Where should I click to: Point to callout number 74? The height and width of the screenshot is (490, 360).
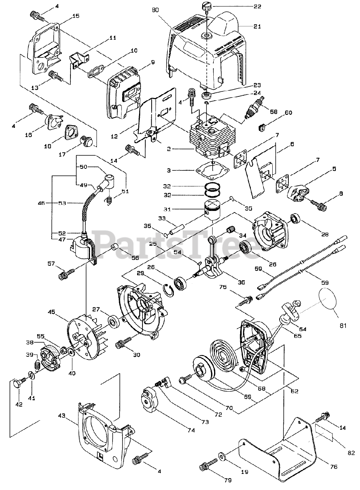190,430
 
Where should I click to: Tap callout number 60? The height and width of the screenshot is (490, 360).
288,113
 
